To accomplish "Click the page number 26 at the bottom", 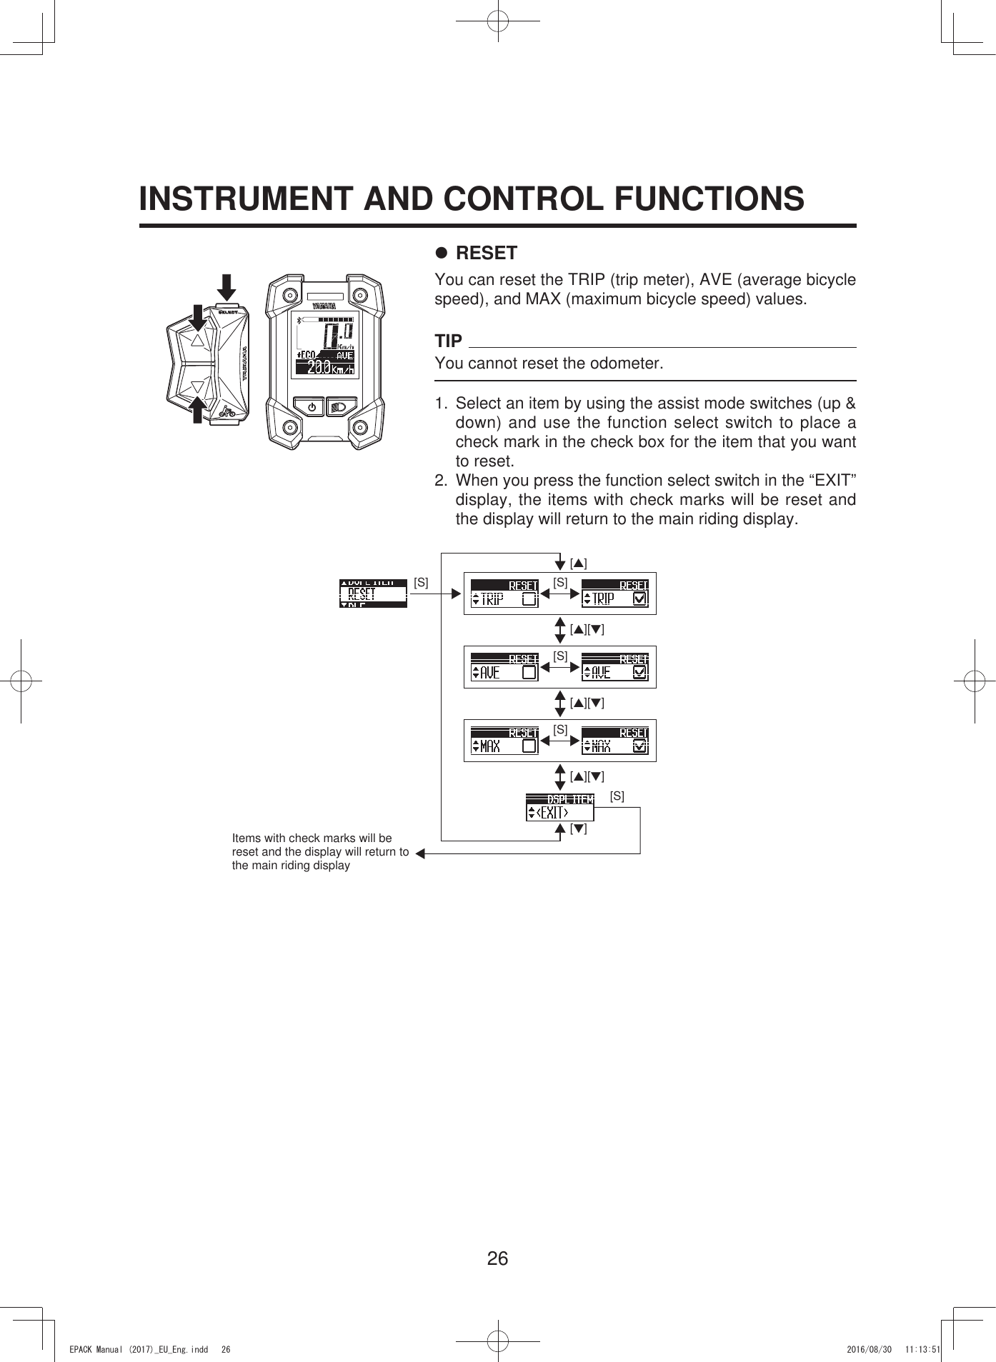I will point(497,1258).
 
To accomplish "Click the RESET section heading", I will point(486,253).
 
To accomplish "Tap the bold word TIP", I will point(449,341).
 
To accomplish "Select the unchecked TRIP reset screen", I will point(504,594).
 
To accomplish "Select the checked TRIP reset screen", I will point(615,594).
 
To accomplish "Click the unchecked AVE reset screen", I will point(504,667).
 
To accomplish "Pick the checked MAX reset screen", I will point(615,741).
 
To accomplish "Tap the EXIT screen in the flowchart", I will point(560,807).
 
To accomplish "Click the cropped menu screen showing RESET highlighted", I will point(373,594).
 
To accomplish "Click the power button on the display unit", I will point(312,407).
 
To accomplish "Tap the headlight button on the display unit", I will point(339,407).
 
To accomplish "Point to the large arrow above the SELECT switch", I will point(226,286).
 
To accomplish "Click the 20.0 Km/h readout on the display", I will point(326,369).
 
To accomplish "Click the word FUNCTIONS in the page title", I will point(709,199).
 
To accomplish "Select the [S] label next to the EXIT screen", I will point(617,796).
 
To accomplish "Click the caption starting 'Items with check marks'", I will point(319,851).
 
